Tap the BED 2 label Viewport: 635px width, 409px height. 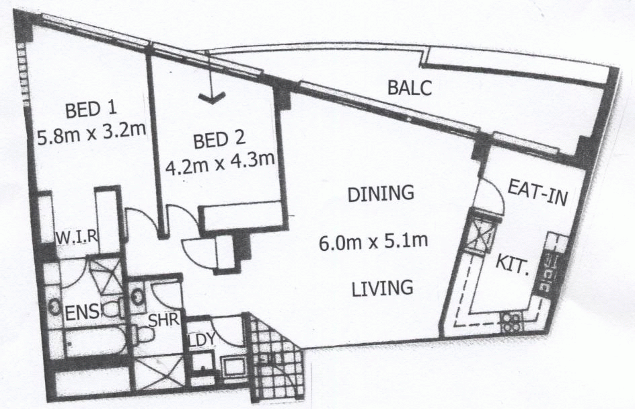click(220, 142)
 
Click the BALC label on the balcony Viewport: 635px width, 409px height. click(408, 87)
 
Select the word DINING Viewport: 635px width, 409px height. click(379, 194)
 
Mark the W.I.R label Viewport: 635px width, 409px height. click(77, 236)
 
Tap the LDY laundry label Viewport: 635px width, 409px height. click(201, 340)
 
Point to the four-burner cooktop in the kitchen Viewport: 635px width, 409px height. click(513, 322)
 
